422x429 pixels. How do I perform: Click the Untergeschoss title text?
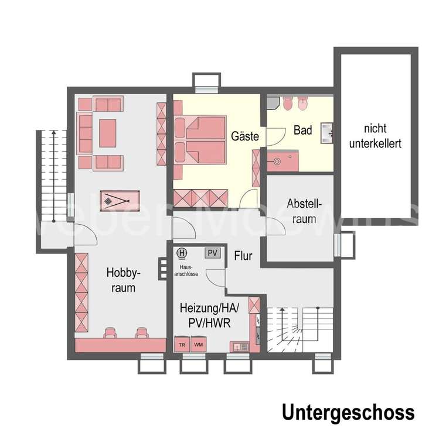pyautogui.click(x=348, y=412)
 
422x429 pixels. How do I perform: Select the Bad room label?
pyautogui.click(x=302, y=130)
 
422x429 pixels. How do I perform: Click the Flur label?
pyautogui.click(x=243, y=256)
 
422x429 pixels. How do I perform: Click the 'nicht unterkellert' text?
pyautogui.click(x=375, y=136)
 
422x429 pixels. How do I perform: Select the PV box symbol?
pyautogui.click(x=212, y=253)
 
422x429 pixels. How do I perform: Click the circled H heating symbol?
pyautogui.click(x=182, y=253)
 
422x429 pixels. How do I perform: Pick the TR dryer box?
pyautogui.click(x=182, y=344)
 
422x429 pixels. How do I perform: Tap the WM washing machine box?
pyautogui.click(x=199, y=344)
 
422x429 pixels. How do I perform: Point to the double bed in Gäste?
pyautogui.click(x=199, y=139)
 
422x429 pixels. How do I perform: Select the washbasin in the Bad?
pyautogui.click(x=326, y=134)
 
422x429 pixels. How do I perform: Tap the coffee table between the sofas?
pyautogui.click(x=107, y=133)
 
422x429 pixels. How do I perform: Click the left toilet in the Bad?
pyautogui.click(x=287, y=104)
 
